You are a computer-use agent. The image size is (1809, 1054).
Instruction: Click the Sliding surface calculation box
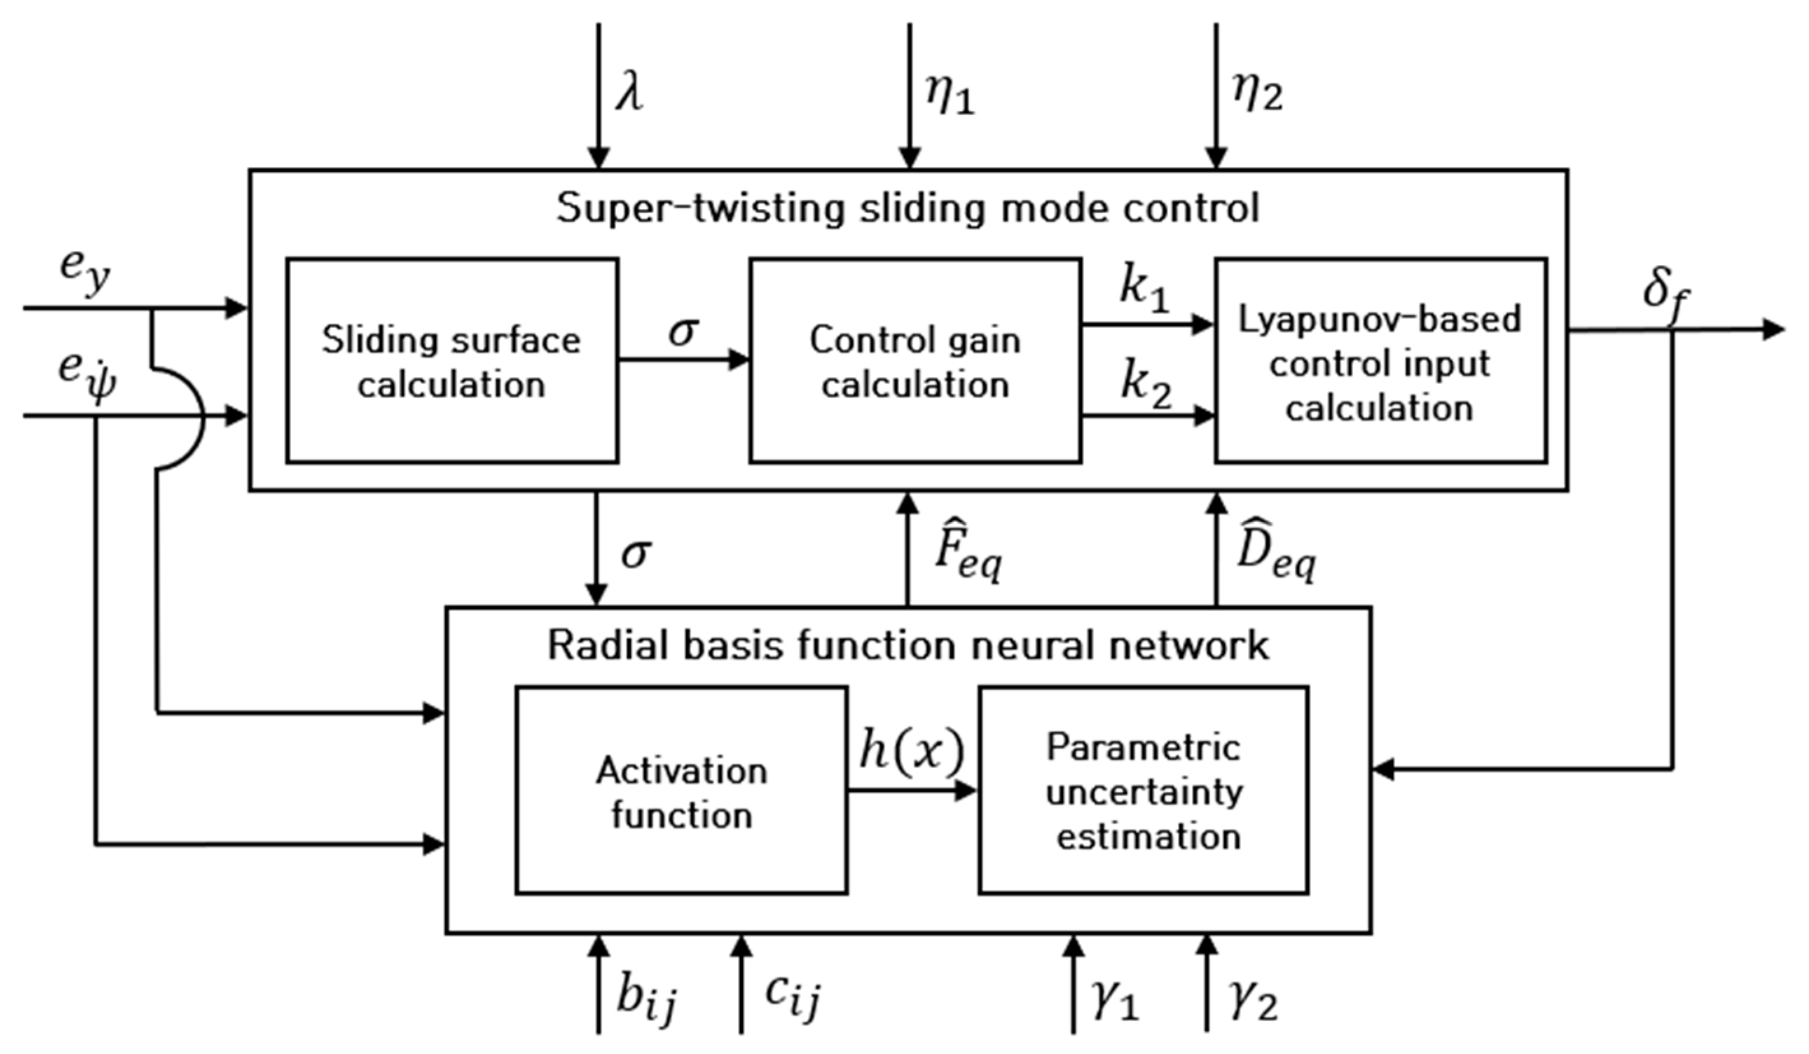click(x=453, y=360)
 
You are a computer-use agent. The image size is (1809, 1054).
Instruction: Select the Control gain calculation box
click(x=915, y=360)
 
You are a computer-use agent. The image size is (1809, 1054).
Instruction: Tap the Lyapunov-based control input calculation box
click(x=1380, y=360)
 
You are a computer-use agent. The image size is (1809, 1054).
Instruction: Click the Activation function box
click(x=681, y=791)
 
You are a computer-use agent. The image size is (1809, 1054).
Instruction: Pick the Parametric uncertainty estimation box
click(x=1144, y=791)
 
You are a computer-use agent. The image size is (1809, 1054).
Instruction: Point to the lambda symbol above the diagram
click(x=630, y=93)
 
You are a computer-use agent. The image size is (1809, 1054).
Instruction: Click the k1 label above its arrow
click(x=1145, y=291)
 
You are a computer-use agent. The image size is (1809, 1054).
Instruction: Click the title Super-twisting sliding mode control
click(x=908, y=209)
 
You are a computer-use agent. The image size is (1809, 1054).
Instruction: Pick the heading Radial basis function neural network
click(x=908, y=645)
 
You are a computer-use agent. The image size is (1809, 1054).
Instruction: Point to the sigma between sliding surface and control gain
click(x=683, y=332)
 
